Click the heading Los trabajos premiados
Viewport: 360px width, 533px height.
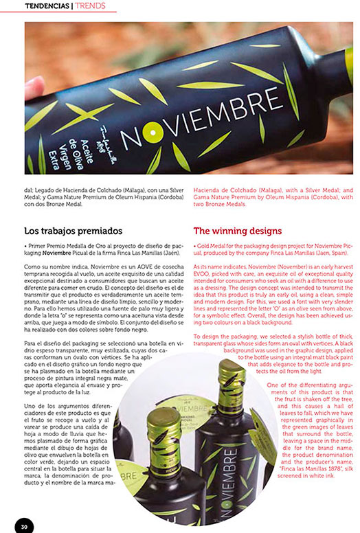pos(73,231)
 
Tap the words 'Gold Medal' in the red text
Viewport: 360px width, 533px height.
pos(210,245)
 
